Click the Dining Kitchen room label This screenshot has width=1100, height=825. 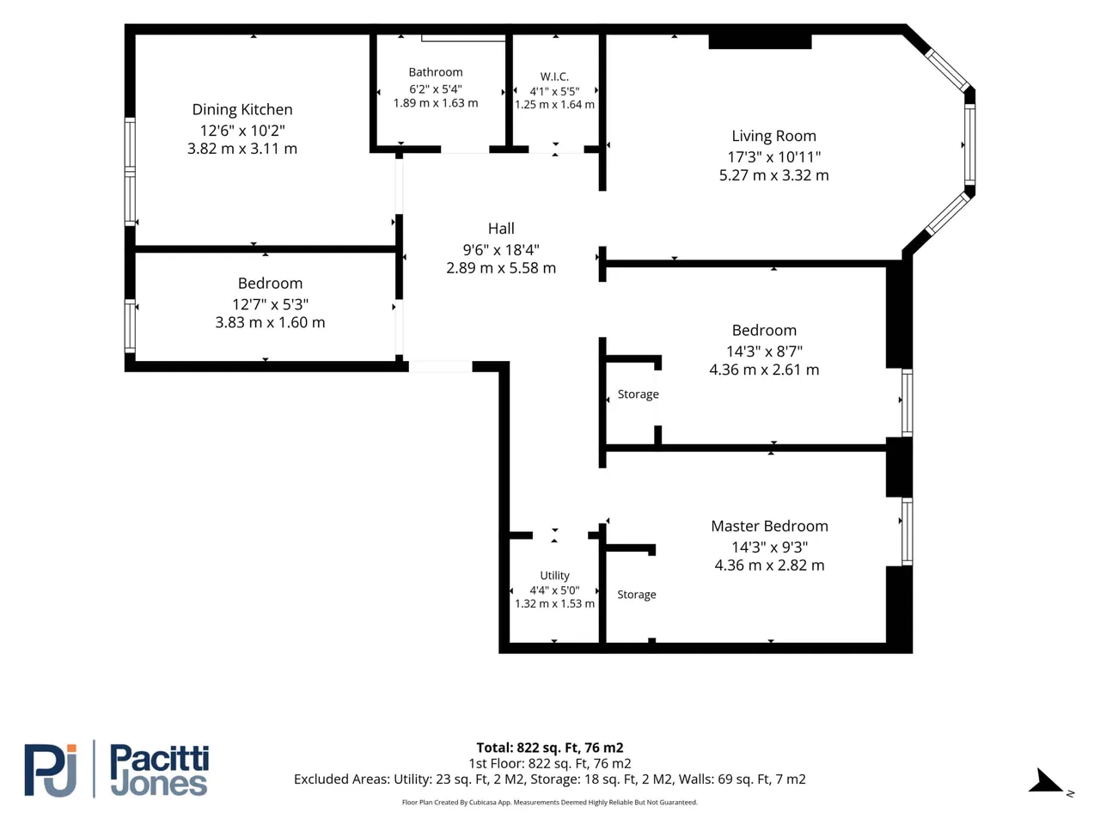click(242, 109)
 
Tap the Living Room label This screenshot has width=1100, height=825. click(773, 136)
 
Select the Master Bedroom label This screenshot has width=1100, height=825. click(769, 526)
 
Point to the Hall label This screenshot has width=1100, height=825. click(501, 229)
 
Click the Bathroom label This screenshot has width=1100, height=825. click(436, 72)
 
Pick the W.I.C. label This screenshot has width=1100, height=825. click(554, 76)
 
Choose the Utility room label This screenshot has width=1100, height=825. click(554, 575)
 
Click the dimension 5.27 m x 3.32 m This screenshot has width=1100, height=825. click(773, 175)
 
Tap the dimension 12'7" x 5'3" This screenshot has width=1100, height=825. click(270, 304)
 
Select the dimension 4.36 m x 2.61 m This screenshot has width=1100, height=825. click(764, 370)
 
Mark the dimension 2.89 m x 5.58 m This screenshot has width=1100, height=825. click(501, 268)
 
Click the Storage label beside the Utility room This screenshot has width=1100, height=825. click(637, 595)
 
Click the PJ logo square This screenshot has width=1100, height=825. click(50, 770)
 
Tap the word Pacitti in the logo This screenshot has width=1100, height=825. click(159, 758)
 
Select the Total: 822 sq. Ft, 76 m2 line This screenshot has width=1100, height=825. click(550, 748)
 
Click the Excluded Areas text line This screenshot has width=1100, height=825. click(550, 779)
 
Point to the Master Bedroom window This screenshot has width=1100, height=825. click(907, 531)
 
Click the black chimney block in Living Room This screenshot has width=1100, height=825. click(760, 41)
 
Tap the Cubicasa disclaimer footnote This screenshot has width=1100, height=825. click(550, 802)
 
